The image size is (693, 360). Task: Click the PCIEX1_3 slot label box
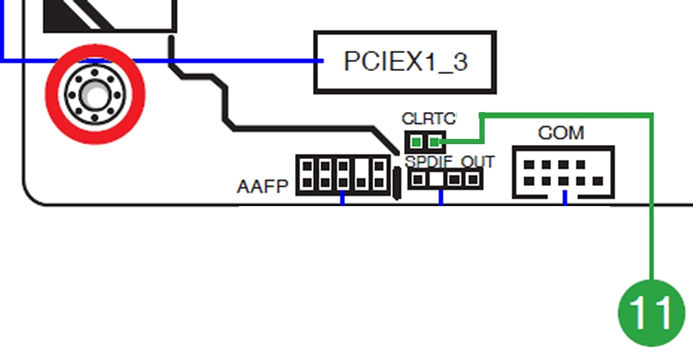coord(405,62)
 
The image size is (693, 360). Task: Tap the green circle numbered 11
coord(651,312)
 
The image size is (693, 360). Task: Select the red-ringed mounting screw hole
coord(95,94)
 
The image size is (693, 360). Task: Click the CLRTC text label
coord(429,119)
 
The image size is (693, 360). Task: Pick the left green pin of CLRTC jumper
coord(417,142)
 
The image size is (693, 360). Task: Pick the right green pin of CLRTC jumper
coord(435,142)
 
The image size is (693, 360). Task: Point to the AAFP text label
coord(263,186)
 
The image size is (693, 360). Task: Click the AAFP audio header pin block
coord(343,175)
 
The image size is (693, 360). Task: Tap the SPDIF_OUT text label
coord(450,162)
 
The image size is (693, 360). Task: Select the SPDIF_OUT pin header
coord(445,179)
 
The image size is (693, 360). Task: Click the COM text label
coord(561,133)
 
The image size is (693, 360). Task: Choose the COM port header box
coord(564,172)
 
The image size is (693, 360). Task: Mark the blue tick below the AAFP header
coord(343,198)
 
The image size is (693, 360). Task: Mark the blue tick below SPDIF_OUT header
coord(441,198)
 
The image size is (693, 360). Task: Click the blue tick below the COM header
coord(565,198)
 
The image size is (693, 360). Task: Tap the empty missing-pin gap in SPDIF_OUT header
coord(437,179)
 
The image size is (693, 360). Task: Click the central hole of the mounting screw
coord(95,94)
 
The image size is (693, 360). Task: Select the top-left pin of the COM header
coord(529,165)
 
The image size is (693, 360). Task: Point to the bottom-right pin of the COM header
coord(597,181)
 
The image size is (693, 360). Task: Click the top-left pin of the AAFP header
coord(307,167)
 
